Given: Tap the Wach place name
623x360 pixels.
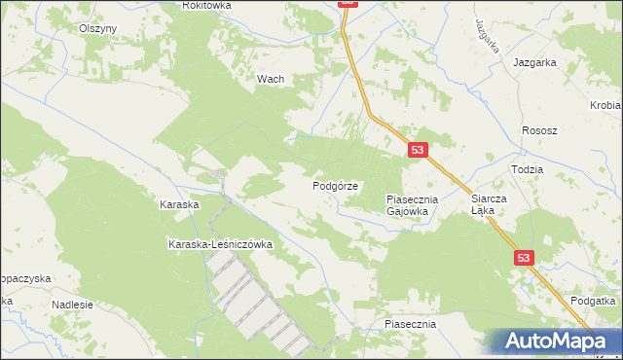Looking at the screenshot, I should click(x=270, y=80).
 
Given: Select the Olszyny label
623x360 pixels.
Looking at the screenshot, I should click(x=98, y=28).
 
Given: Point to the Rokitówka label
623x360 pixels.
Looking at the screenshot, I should click(x=206, y=6).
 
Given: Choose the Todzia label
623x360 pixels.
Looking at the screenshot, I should click(x=526, y=168).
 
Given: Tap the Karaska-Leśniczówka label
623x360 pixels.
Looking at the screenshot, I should click(x=220, y=244).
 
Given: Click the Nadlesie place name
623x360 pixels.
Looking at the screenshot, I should click(x=72, y=305).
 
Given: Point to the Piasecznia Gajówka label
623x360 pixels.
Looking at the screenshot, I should click(x=414, y=204).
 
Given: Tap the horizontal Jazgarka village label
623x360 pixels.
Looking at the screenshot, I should click(x=534, y=62).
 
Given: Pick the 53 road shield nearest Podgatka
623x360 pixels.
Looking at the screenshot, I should click(x=525, y=258).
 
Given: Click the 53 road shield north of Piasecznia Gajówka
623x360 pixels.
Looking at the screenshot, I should click(x=418, y=150).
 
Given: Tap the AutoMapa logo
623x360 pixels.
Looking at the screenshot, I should click(x=557, y=342).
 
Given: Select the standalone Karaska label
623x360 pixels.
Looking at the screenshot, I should click(x=179, y=205).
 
